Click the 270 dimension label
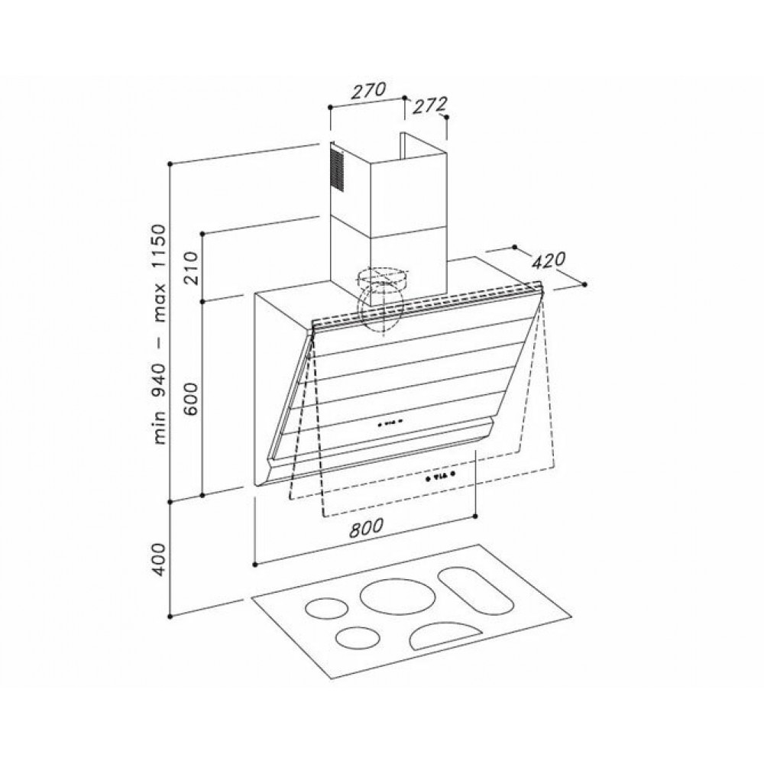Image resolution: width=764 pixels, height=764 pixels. [x=369, y=91]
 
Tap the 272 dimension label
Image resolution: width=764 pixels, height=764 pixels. [x=429, y=105]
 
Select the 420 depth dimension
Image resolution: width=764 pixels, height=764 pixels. [x=548, y=261]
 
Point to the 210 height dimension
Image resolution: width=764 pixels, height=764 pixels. [x=190, y=268]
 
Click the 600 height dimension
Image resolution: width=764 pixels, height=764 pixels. [x=190, y=398]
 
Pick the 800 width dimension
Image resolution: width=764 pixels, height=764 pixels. [x=366, y=527]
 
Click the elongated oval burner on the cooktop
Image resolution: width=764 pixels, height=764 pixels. [x=476, y=591]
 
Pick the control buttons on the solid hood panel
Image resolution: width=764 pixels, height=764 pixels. [x=388, y=422]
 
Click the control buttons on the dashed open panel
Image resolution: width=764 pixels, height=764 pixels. [x=440, y=476]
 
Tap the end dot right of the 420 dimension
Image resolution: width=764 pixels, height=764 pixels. [x=584, y=284]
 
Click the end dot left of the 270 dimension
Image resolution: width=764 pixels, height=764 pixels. [x=330, y=106]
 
